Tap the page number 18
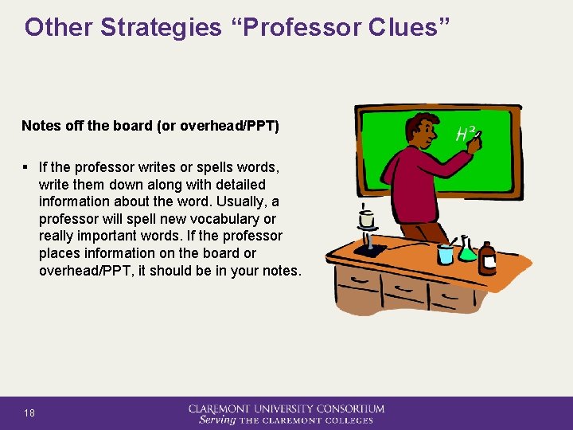click(x=29, y=412)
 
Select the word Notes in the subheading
click(x=40, y=126)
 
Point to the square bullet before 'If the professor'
click(x=26, y=168)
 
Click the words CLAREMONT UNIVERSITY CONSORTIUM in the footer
click(x=286, y=408)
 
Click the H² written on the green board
click(x=465, y=134)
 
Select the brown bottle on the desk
click(x=486, y=258)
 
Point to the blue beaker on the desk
click(x=445, y=252)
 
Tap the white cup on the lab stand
click(x=367, y=218)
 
